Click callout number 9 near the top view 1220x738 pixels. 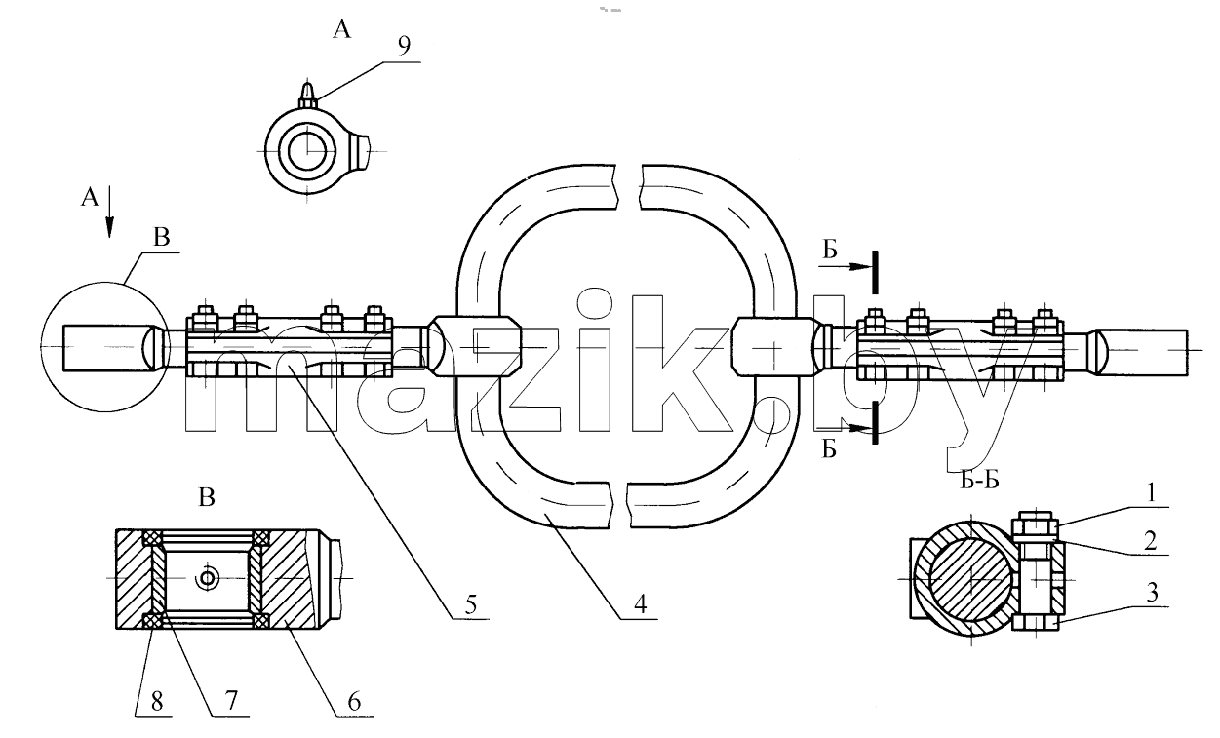[404, 46]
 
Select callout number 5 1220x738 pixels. [471, 604]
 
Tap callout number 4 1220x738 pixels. [640, 604]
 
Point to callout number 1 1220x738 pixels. [1151, 493]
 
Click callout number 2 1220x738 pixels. [1150, 541]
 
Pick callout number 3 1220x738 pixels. [1152, 593]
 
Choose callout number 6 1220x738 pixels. [354, 701]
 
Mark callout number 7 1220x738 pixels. [231, 700]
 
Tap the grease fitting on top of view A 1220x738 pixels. [308, 96]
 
